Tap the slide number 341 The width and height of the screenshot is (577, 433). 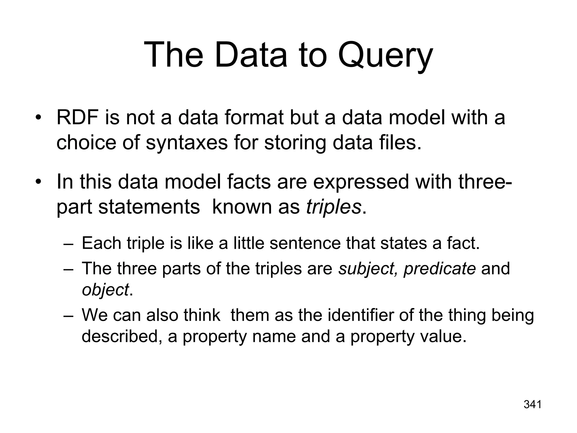(532, 405)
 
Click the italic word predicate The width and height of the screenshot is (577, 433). (440, 268)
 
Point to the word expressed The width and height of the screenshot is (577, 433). (361, 182)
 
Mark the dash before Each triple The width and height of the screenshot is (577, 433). (68, 244)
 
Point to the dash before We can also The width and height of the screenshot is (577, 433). (68, 315)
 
